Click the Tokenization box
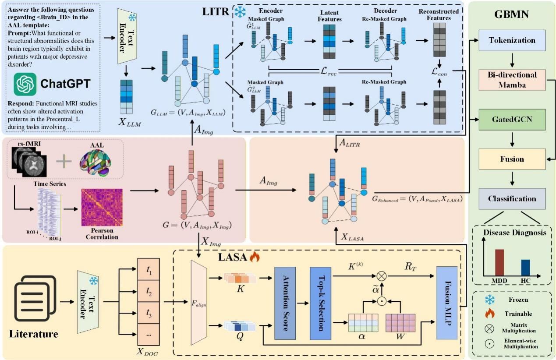click(512, 40)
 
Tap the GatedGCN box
click(512, 119)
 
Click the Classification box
click(512, 198)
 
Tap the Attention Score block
click(285, 303)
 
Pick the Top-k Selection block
click(321, 303)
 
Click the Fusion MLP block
click(447, 303)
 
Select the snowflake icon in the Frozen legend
click(489, 300)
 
